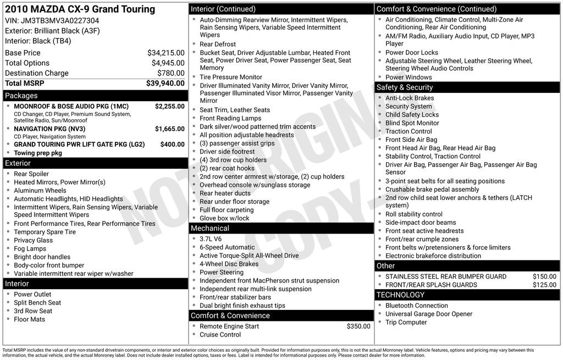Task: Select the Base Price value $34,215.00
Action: (165, 53)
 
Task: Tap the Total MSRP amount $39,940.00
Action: (165, 83)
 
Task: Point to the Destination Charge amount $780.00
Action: (170, 73)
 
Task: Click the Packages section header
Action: (21, 96)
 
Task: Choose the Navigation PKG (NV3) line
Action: (49, 129)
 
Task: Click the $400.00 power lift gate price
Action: (173, 145)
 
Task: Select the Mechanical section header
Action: (209, 228)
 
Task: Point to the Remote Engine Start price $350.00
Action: (358, 326)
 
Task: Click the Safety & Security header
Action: (404, 87)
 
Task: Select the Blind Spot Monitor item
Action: (412, 123)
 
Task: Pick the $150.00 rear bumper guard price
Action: (544, 276)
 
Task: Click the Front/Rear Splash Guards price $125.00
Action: (544, 285)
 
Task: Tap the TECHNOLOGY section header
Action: (400, 295)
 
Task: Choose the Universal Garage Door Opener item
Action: (428, 314)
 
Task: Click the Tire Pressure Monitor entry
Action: (230, 77)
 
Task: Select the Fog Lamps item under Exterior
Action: (30, 248)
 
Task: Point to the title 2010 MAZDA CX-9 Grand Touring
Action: (80, 9)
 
